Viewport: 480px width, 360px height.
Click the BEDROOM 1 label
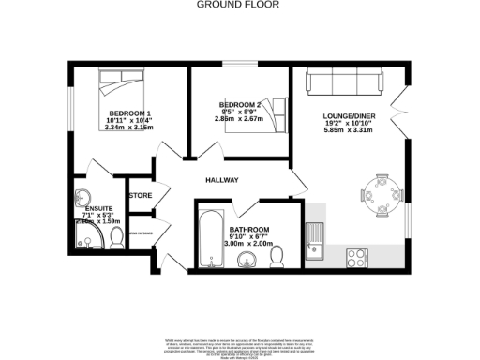click(x=117, y=113)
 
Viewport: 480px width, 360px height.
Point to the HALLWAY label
click(x=224, y=181)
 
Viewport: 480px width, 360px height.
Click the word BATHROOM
click(x=249, y=230)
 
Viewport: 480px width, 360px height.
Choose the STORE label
click(x=141, y=196)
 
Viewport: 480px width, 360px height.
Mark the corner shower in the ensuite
click(x=85, y=240)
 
